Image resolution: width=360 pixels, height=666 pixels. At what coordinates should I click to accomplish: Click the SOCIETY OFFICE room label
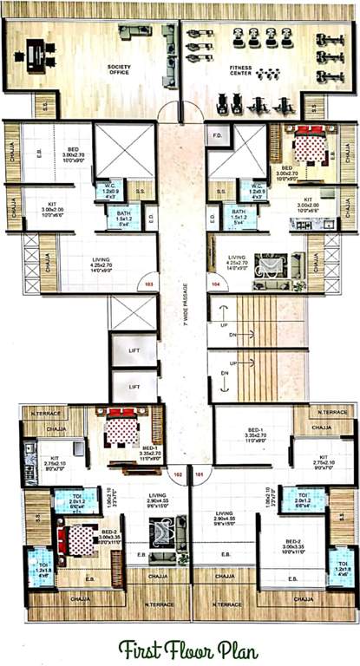119,69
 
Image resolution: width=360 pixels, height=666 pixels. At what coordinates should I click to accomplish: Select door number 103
149,284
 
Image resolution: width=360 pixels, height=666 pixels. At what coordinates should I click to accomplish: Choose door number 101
200,474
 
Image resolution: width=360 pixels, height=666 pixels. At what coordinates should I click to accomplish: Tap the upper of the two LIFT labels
134,352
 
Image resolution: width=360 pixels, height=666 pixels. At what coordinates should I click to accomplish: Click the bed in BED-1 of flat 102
121,426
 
